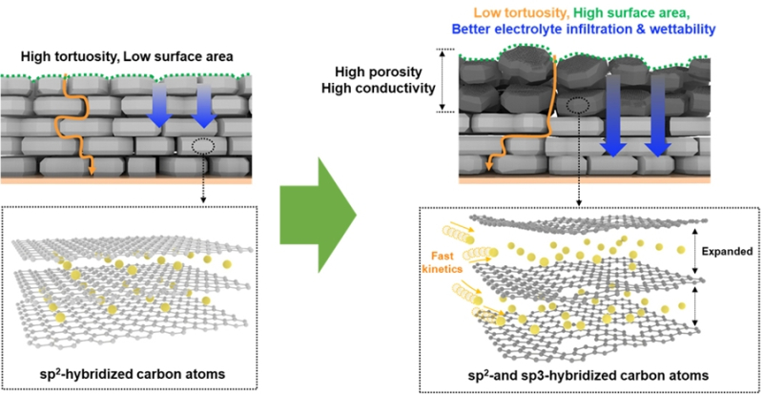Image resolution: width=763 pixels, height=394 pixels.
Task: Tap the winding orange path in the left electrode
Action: (x=68, y=124)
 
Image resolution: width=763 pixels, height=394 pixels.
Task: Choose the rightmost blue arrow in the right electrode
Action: (x=657, y=119)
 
